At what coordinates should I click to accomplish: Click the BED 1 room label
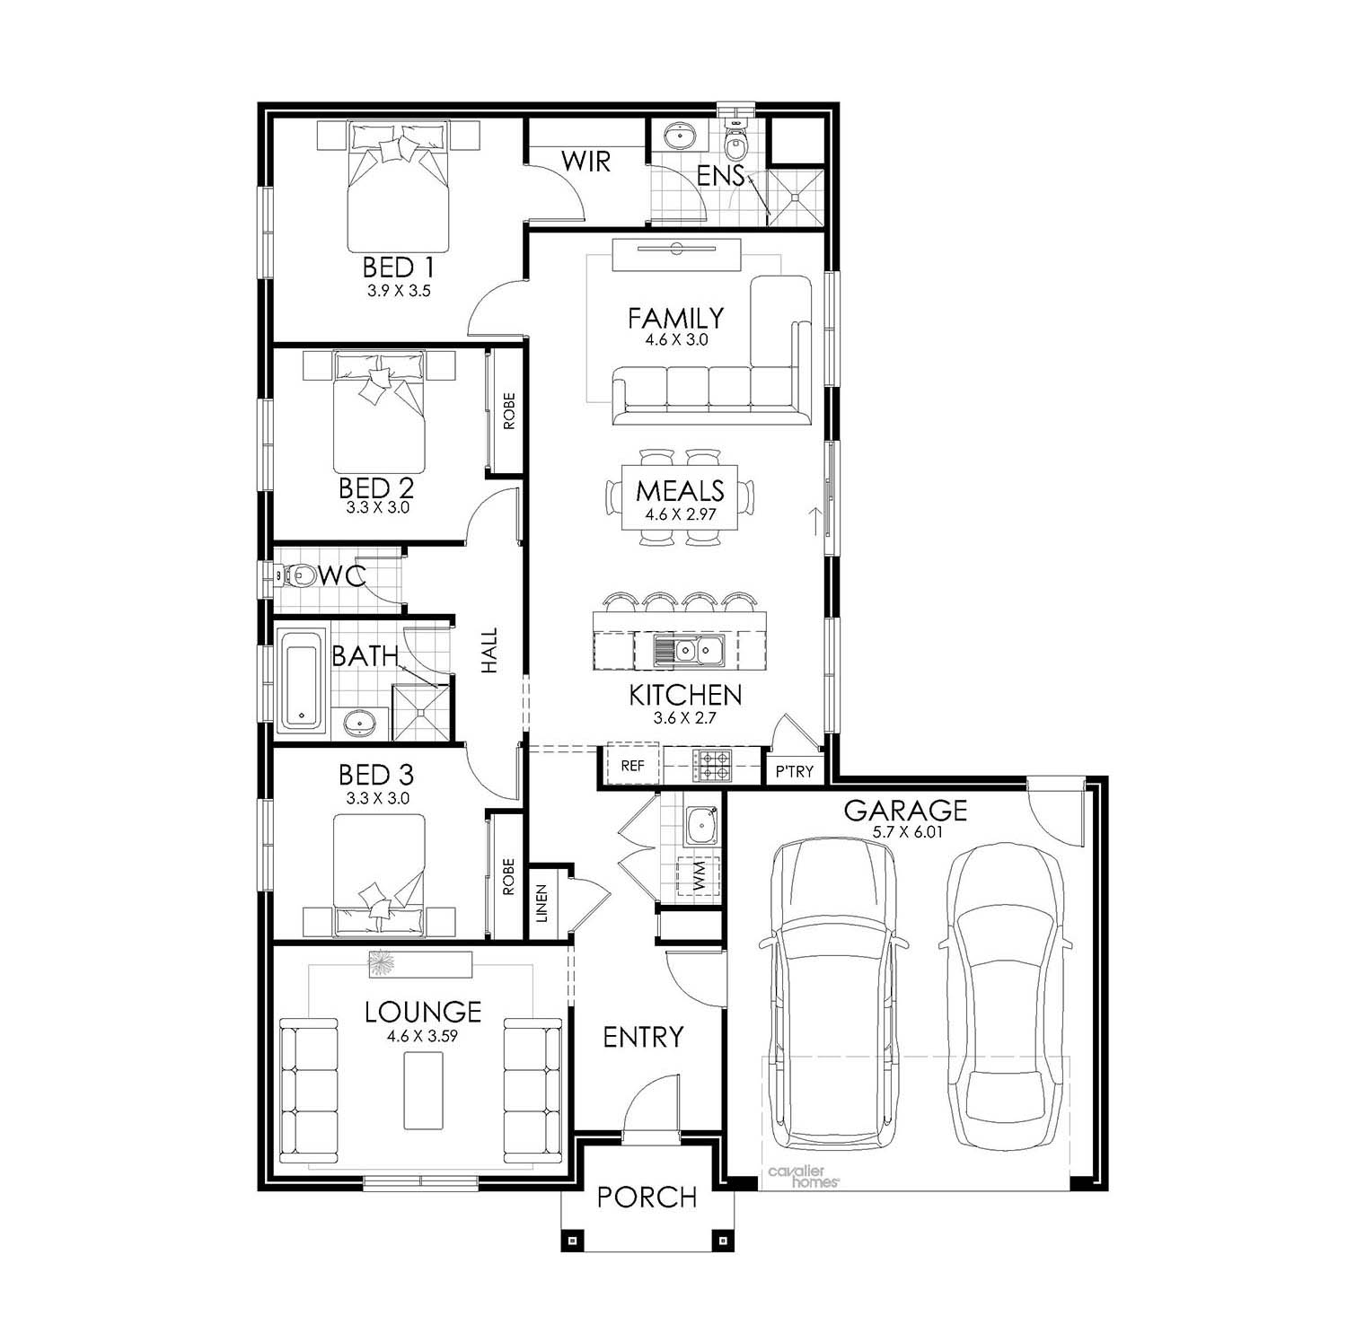pos(399,267)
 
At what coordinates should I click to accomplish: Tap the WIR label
pos(585,162)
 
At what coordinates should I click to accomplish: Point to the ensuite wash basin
pos(680,136)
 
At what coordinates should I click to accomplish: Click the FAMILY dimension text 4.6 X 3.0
pos(676,340)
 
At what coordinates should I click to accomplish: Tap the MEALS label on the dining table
pos(680,490)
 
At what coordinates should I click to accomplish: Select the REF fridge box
pos(633,766)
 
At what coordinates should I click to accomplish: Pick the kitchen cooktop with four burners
pos(716,765)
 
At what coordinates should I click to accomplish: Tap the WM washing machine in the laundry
pos(700,875)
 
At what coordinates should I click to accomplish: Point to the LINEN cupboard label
pos(541,903)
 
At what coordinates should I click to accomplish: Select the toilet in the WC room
pos(297,575)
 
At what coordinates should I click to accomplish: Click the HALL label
pos(489,651)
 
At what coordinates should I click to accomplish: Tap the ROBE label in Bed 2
pos(508,410)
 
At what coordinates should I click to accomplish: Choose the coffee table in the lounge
pos(423,1091)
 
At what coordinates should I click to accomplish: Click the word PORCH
pos(647,1197)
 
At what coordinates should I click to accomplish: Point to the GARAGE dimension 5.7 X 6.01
pos(905,832)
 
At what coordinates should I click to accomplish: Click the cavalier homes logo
pos(803,1177)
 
